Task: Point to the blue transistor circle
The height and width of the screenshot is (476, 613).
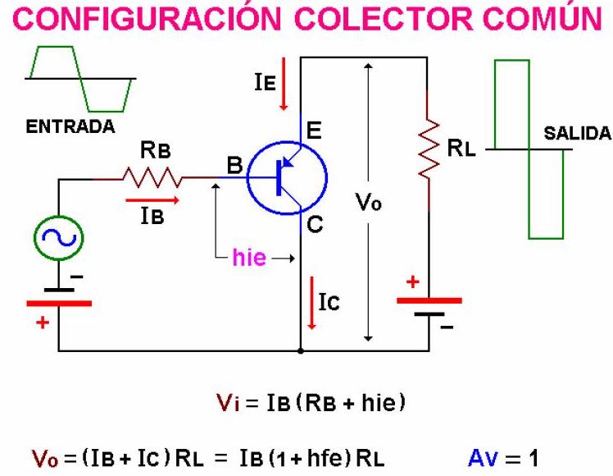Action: tap(286, 178)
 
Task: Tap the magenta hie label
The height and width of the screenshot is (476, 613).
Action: tap(249, 258)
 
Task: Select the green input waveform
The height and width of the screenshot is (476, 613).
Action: tap(80, 77)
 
